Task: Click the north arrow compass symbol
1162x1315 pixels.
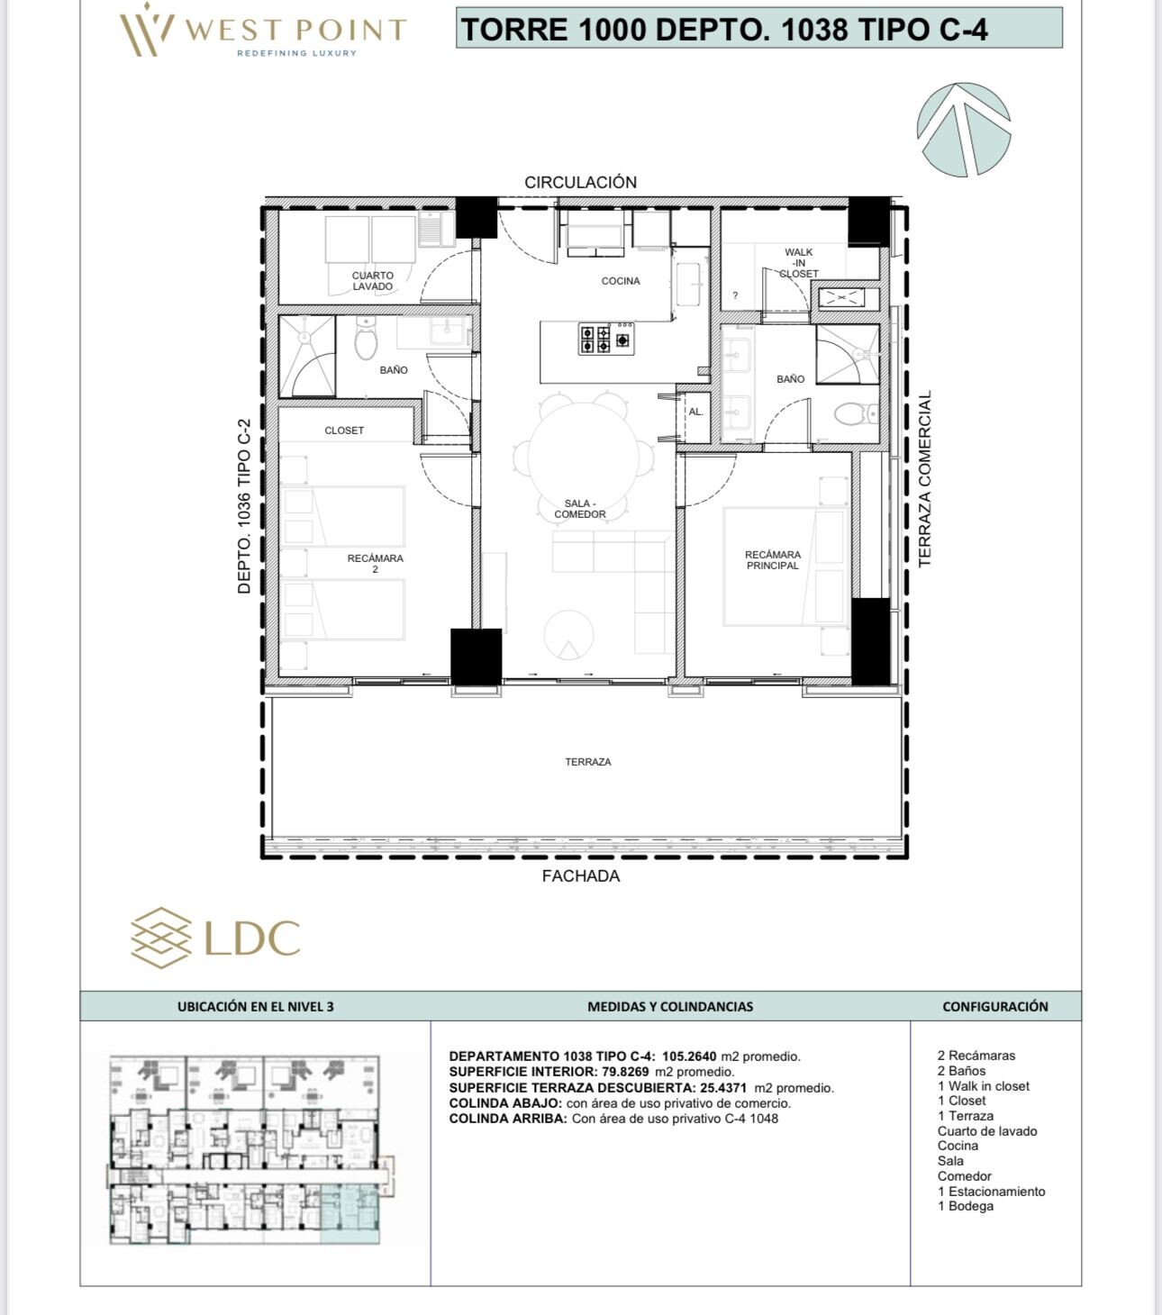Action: tap(964, 129)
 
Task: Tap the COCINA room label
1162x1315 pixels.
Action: tap(621, 281)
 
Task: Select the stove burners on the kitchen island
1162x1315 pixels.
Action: tap(605, 338)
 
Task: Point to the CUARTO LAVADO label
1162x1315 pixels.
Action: tap(373, 281)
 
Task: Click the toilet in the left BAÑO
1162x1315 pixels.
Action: tap(366, 338)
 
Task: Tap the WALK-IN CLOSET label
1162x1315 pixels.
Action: tap(798, 263)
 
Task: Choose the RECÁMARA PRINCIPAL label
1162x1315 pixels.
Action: tap(773, 560)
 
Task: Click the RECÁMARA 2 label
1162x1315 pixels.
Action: tap(376, 564)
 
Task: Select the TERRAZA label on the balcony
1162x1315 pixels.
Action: tap(588, 762)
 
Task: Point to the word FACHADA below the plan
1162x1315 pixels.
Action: tap(581, 876)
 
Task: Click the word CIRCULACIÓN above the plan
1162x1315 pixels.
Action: tap(580, 182)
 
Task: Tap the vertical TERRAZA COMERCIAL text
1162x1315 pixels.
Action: tap(924, 479)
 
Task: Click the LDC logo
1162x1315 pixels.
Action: tap(215, 938)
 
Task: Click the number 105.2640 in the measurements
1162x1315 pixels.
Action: tap(689, 1056)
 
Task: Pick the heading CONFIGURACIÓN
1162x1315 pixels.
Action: tap(995, 1006)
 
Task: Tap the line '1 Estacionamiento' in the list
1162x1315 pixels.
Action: tap(991, 1191)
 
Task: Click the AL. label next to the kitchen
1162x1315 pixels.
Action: tap(696, 412)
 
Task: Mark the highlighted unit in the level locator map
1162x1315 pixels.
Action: tap(350, 1213)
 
